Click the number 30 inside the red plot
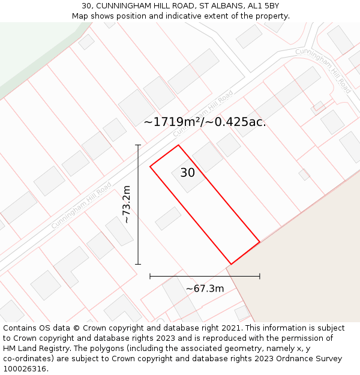pyautogui.click(x=187, y=173)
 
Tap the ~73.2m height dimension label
pyautogui.click(x=127, y=205)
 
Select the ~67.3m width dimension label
pyautogui.click(x=205, y=289)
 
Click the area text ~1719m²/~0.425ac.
pyautogui.click(x=205, y=122)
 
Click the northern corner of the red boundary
pyautogui.click(x=178, y=145)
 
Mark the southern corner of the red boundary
pyautogui.click(x=231, y=265)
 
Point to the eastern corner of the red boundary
pyautogui.click(x=260, y=242)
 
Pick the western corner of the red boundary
pyautogui.click(x=150, y=166)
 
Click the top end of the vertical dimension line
pyautogui.click(x=138, y=145)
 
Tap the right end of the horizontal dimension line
pyautogui.click(x=260, y=276)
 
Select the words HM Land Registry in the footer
pyautogui.click(x=33, y=349)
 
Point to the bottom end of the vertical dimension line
pyautogui.click(x=138, y=264)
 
